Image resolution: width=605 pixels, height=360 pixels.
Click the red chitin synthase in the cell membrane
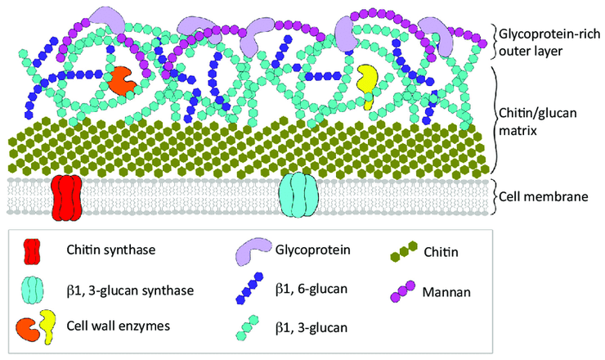67,196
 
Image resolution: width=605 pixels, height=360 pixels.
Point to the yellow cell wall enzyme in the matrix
369,85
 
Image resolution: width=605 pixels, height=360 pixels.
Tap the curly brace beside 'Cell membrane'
499,197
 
